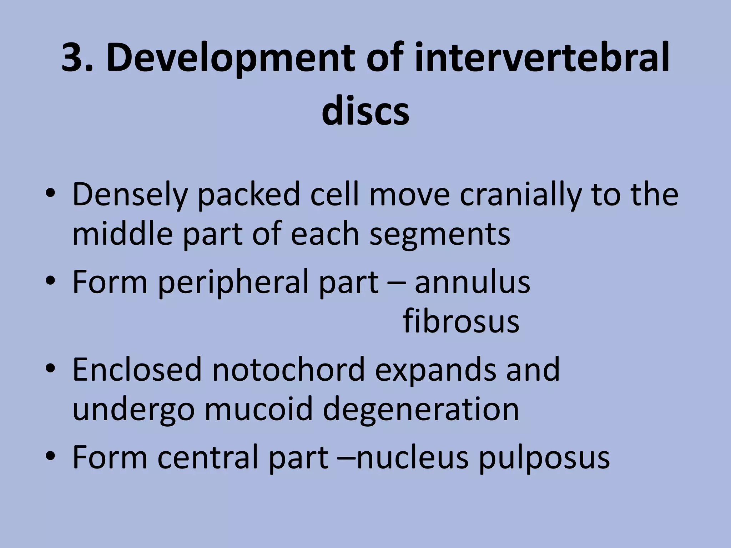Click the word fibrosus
[x=461, y=321]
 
